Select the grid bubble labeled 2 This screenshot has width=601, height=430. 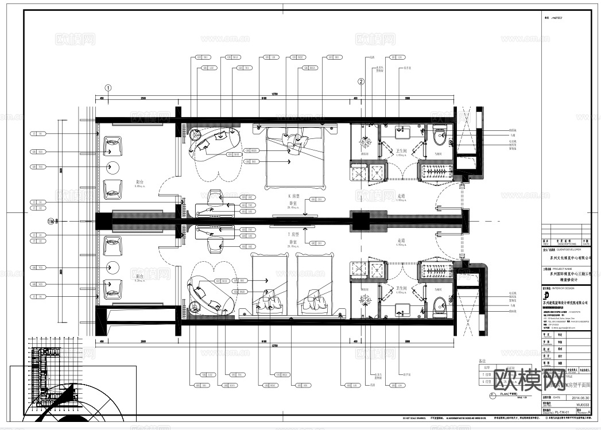pyautogui.click(x=361, y=82)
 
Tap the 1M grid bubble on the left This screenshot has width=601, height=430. pyautogui.click(x=51, y=221)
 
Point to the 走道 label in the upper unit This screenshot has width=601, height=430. pyautogui.click(x=401, y=197)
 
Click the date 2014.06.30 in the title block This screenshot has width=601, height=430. pyautogui.click(x=576, y=396)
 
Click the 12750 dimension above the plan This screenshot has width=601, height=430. pyautogui.click(x=275, y=95)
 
